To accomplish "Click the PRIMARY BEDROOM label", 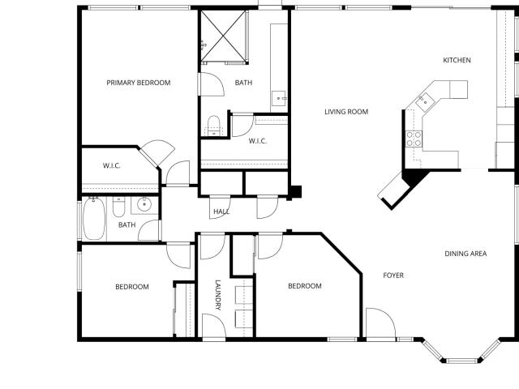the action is [139, 83].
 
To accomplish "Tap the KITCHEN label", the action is [457, 60].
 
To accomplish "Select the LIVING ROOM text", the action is [346, 112].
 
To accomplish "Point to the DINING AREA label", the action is [465, 254].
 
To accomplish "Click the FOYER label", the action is [393, 276].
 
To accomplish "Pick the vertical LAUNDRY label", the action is [218, 295].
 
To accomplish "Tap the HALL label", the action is [221, 212].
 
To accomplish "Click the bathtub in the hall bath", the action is [94, 219].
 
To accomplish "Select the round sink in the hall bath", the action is [144, 204].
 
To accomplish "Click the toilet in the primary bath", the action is [214, 126].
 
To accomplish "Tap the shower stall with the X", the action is [224, 36].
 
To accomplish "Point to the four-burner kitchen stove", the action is [414, 139].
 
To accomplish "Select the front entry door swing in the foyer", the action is [380, 323].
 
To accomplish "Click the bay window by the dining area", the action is [461, 352].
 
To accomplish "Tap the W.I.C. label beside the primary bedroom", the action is [111, 165].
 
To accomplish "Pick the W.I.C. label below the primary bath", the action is [258, 141].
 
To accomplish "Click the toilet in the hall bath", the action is [118, 207].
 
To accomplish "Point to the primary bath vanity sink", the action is [279, 98].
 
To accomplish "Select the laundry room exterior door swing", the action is [214, 326].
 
